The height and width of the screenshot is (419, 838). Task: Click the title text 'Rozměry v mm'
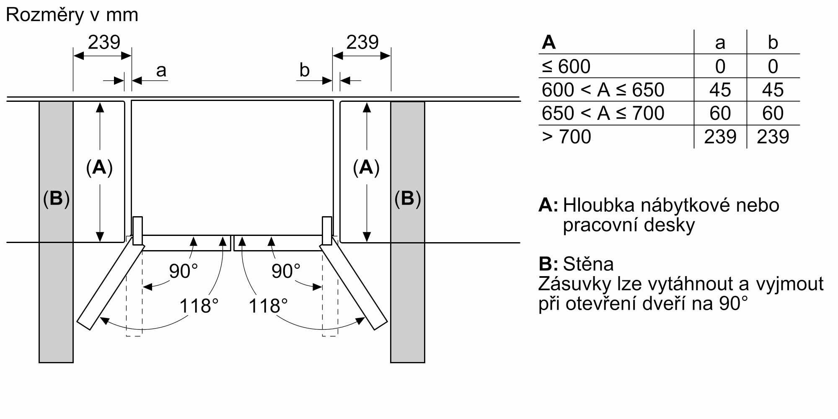(72, 15)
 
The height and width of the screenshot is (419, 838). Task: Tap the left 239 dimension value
(104, 42)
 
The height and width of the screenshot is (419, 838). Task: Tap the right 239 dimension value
(362, 42)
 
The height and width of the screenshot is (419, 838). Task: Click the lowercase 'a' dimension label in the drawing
(161, 70)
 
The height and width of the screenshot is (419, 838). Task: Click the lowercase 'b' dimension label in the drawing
(305, 70)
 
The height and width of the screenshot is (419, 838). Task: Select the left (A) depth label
(99, 167)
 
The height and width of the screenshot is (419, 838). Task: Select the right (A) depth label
(366, 167)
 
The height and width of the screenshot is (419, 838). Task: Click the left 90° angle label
(183, 271)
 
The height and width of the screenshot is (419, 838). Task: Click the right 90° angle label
(286, 271)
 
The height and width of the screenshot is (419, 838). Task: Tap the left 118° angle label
(199, 306)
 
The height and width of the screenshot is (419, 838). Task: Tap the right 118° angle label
(268, 306)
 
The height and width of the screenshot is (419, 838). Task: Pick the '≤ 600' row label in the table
(566, 66)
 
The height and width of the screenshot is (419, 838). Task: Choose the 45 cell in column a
(720, 90)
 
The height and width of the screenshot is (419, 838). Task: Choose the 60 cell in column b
(773, 113)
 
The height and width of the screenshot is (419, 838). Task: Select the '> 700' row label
(566, 137)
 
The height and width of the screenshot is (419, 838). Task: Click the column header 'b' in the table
(773, 42)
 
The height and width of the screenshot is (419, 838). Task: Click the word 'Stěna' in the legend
(588, 264)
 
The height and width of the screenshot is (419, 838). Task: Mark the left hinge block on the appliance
(137, 230)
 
